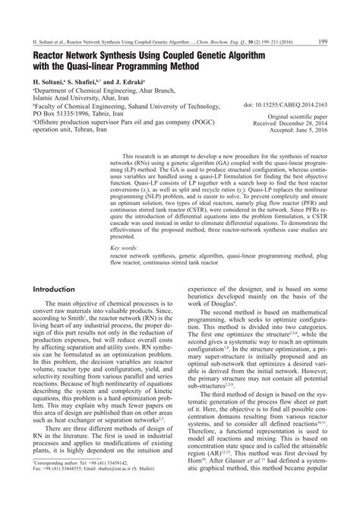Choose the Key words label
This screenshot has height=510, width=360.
[122, 226]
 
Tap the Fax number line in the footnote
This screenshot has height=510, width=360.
[72, 491]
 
